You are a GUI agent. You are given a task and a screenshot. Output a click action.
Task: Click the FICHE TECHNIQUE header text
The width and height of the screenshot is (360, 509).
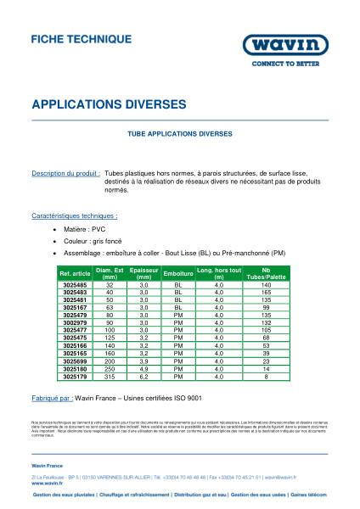click(81, 39)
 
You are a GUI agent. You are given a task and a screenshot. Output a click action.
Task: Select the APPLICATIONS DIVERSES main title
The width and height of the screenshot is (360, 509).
click(108, 104)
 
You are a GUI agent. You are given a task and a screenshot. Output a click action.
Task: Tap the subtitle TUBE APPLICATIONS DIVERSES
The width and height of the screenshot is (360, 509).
click(179, 134)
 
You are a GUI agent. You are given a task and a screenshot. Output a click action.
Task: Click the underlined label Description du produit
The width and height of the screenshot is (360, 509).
click(66, 172)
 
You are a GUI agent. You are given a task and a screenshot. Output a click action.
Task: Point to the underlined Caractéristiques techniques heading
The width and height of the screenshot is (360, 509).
click(74, 216)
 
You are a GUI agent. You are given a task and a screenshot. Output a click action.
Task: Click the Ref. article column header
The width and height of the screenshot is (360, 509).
click(76, 273)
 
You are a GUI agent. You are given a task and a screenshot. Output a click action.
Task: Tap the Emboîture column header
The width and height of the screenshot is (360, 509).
click(178, 273)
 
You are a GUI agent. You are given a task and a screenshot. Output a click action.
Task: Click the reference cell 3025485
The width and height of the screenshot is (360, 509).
click(76, 284)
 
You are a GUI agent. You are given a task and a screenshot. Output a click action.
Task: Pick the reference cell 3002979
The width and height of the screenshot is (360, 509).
click(76, 322)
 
